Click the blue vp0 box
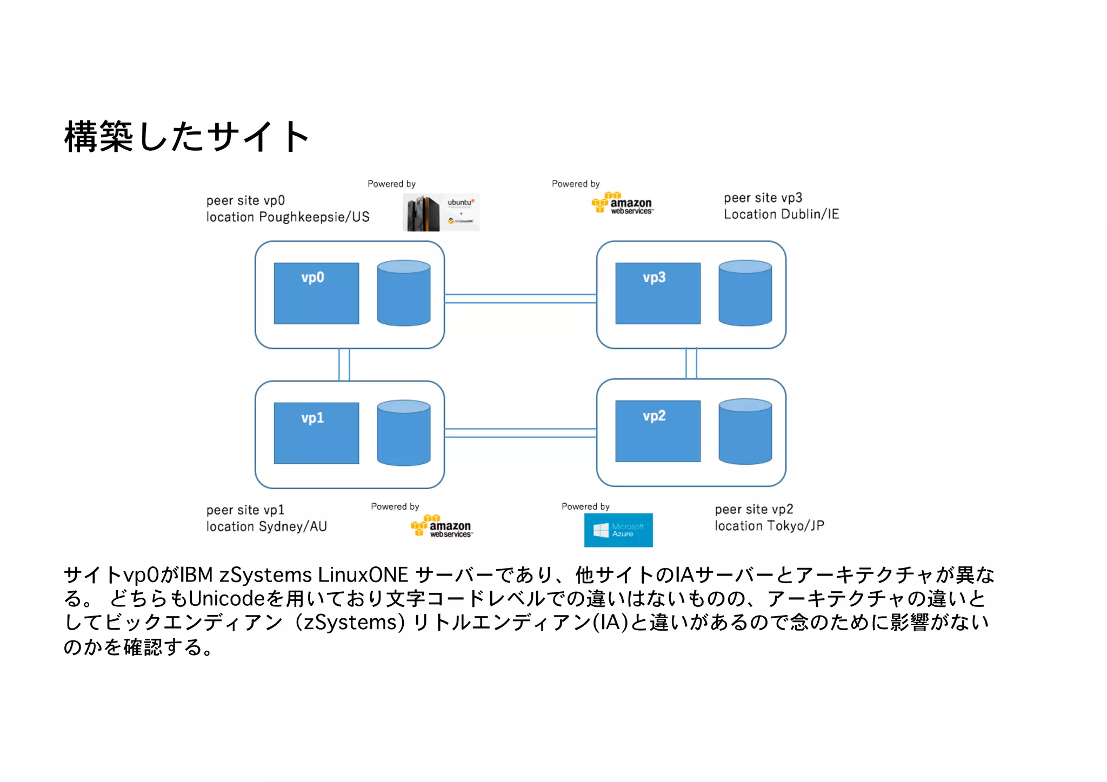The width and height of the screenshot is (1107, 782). (x=316, y=293)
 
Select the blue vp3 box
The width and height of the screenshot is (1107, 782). (x=657, y=293)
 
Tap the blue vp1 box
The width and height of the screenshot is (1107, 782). (x=316, y=433)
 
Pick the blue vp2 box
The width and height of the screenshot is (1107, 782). (x=657, y=431)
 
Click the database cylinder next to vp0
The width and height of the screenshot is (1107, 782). (x=403, y=293)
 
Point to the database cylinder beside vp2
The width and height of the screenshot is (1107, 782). (x=745, y=431)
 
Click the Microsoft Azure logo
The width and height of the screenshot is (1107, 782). (x=618, y=530)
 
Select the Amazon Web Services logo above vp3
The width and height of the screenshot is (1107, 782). (x=622, y=203)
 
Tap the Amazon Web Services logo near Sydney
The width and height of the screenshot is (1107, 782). (x=442, y=526)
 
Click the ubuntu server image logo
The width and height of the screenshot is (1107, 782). (x=441, y=212)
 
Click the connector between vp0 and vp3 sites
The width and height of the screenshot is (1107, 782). (x=520, y=298)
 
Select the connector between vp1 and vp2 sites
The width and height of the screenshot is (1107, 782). (x=520, y=432)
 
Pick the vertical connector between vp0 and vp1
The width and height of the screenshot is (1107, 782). (x=344, y=364)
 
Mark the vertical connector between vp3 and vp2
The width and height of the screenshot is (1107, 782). (x=691, y=363)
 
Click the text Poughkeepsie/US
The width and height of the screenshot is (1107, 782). (x=314, y=217)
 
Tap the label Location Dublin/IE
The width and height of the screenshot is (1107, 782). (x=781, y=215)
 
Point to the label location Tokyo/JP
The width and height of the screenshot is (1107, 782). (x=769, y=526)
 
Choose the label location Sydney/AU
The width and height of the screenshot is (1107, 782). (x=266, y=526)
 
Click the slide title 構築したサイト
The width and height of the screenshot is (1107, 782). (x=186, y=137)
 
